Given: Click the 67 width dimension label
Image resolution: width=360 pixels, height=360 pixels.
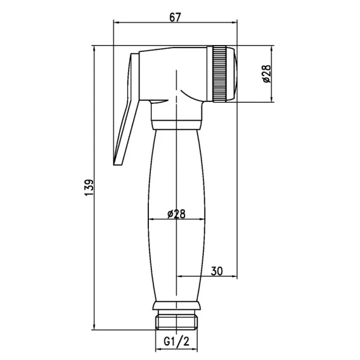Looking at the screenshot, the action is pyautogui.click(x=175, y=17).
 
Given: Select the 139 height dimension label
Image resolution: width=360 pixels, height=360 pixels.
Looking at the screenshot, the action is pyautogui.click(x=89, y=188).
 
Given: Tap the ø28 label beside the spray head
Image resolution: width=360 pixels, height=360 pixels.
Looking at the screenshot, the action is pyautogui.click(x=267, y=74).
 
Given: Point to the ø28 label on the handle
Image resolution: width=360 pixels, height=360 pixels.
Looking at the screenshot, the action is pyautogui.click(x=176, y=214).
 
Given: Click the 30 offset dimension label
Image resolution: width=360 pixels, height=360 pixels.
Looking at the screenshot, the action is pyautogui.click(x=217, y=271).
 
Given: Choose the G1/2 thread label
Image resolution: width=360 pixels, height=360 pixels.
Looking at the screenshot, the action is pyautogui.click(x=177, y=342).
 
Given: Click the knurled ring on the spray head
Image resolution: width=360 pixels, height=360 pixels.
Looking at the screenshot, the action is pyautogui.click(x=220, y=74).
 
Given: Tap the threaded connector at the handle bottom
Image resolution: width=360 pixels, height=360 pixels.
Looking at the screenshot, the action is pyautogui.click(x=177, y=322).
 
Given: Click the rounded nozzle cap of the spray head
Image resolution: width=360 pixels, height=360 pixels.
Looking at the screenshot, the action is pyautogui.click(x=232, y=74).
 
